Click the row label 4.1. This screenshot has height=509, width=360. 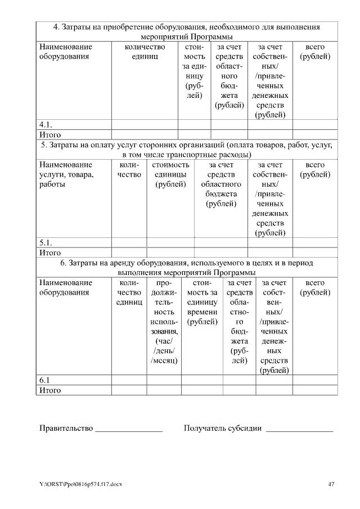click(x=46, y=125)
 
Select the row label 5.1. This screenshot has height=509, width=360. click(x=46, y=243)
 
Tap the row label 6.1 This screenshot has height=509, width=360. click(x=44, y=380)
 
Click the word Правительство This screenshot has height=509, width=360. click(x=66, y=429)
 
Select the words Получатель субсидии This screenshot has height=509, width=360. click(x=223, y=429)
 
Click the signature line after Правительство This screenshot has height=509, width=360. click(x=129, y=430)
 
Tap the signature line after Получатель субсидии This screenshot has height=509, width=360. click(x=299, y=430)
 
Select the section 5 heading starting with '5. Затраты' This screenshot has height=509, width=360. click(x=187, y=150)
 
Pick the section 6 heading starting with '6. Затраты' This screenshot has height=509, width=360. click(x=187, y=268)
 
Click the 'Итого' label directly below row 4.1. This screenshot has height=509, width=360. click(x=49, y=135)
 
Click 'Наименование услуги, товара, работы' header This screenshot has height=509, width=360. click(x=67, y=174)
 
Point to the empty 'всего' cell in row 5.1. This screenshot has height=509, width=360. click(x=315, y=243)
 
